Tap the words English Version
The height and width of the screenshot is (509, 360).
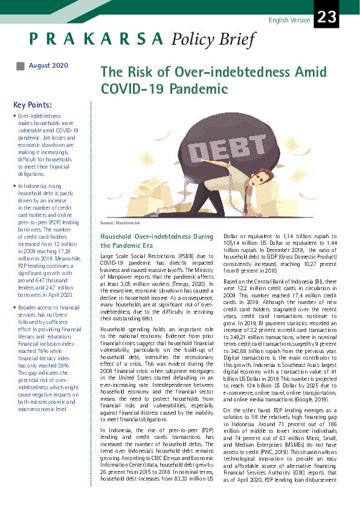point(289,21)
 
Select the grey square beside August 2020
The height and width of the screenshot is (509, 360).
point(21,66)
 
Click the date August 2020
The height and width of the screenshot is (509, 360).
point(48,65)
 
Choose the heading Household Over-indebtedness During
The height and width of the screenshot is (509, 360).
point(156,236)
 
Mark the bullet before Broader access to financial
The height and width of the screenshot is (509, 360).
point(14,308)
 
